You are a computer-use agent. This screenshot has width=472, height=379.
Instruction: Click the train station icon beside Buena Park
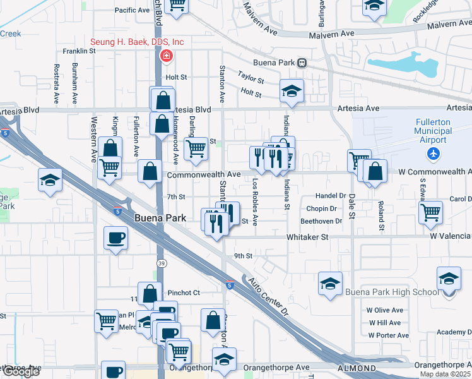(302, 63)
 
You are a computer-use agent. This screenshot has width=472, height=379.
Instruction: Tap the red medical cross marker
(166, 56)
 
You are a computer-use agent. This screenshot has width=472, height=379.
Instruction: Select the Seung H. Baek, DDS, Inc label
(137, 42)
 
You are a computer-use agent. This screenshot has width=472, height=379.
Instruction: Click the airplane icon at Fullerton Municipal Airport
(433, 153)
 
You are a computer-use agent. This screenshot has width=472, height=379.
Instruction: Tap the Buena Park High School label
(391, 292)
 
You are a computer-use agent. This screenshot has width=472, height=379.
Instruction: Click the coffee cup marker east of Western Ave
(115, 238)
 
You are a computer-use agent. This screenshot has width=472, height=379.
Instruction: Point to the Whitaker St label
(308, 237)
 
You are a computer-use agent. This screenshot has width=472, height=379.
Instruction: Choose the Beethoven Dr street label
(321, 221)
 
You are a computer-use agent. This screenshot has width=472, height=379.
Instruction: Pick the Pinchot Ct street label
(184, 293)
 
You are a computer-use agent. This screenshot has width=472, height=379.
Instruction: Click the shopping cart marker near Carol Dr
(431, 212)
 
